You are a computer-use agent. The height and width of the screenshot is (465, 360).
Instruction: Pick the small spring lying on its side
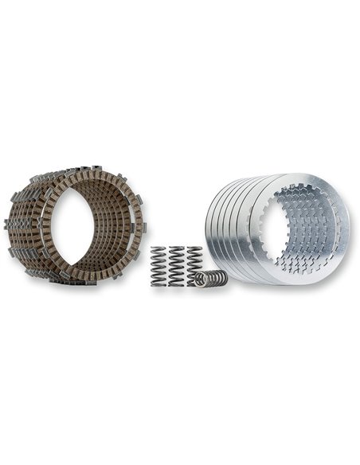click(211, 279)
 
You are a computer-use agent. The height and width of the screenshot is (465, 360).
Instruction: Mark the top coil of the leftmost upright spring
click(158, 250)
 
